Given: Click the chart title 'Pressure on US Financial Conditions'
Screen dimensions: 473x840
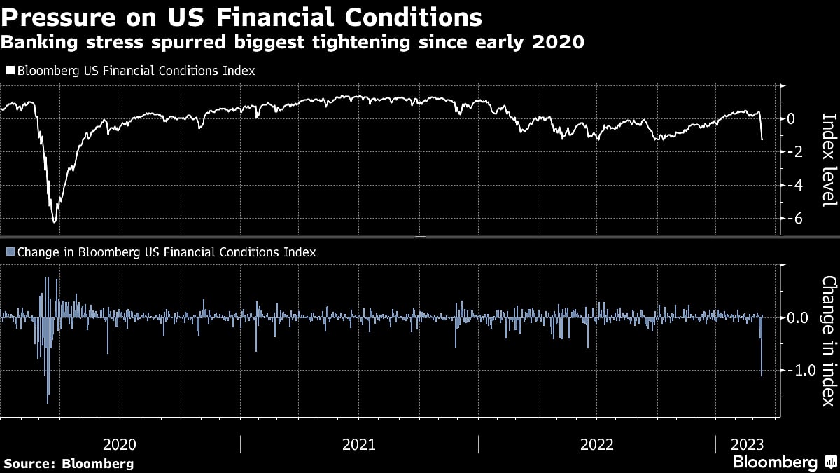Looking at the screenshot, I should click(x=241, y=16).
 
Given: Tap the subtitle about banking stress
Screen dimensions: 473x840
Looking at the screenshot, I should click(x=293, y=43).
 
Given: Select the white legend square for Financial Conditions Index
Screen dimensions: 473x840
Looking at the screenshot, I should click(x=10, y=71).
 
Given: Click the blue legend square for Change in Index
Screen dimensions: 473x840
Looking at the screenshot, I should click(x=10, y=252).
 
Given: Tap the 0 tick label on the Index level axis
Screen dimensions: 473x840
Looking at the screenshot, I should click(x=791, y=119).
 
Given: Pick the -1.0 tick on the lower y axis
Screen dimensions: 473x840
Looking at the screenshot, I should click(x=800, y=370).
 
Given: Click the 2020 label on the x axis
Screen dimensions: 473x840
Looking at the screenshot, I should click(x=120, y=444).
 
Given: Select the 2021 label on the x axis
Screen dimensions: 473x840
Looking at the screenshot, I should click(x=358, y=444).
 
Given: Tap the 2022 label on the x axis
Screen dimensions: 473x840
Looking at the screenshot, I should click(x=596, y=444).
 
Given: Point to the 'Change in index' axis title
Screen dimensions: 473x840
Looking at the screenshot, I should click(x=829, y=341).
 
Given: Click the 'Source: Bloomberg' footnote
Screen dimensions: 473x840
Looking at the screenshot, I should click(x=69, y=463).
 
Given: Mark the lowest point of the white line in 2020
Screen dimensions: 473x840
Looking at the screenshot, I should click(x=54, y=222).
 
